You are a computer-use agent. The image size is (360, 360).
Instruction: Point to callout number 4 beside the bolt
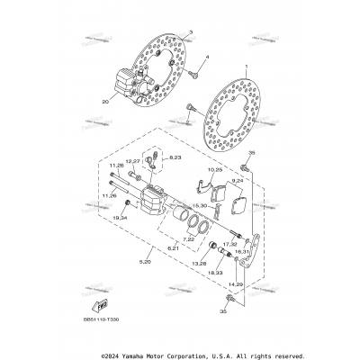click(206, 58)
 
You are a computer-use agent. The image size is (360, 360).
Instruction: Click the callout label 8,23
click(175, 157)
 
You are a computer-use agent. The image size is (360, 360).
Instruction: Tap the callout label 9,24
click(238, 181)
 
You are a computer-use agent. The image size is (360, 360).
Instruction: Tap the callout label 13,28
click(199, 265)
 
